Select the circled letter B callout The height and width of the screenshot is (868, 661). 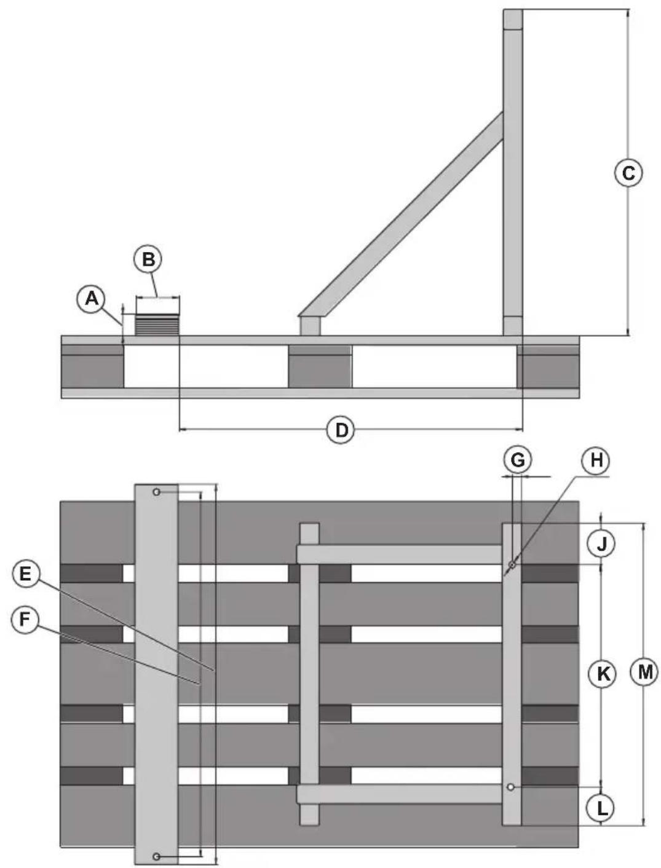click(148, 260)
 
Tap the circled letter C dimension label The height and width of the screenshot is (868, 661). click(628, 173)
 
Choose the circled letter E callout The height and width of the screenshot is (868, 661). click(25, 575)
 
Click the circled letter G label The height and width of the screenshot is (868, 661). click(517, 460)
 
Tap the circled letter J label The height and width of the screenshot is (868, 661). click(601, 544)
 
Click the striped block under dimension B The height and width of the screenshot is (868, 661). click(157, 325)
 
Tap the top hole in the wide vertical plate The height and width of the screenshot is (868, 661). click(157, 492)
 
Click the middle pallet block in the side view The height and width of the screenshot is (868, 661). click(320, 366)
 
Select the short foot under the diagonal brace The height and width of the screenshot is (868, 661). click(311, 326)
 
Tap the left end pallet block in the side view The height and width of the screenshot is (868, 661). click(92, 366)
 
